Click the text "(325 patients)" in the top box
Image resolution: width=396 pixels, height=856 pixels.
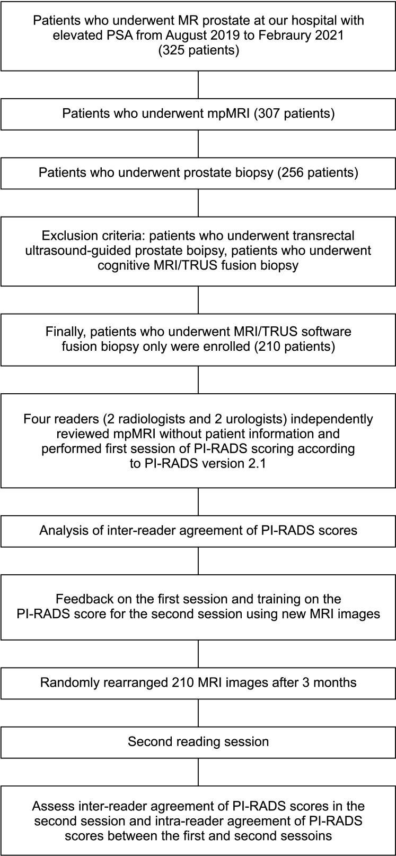pos(198,51)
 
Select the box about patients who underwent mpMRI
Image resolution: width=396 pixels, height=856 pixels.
pos(198,114)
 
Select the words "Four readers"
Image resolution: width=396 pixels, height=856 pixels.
pos(55,419)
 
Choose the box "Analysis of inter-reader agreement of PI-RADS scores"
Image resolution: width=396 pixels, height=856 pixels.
pos(198,530)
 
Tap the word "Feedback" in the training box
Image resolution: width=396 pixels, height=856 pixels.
pos(84,599)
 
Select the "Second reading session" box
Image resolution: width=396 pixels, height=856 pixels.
pos(198,741)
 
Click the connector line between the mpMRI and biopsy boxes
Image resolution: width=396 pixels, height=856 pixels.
pos(198,143)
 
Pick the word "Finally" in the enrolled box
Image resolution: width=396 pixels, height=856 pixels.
pos(65,332)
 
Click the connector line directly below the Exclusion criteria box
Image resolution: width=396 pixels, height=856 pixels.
pos(198,300)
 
